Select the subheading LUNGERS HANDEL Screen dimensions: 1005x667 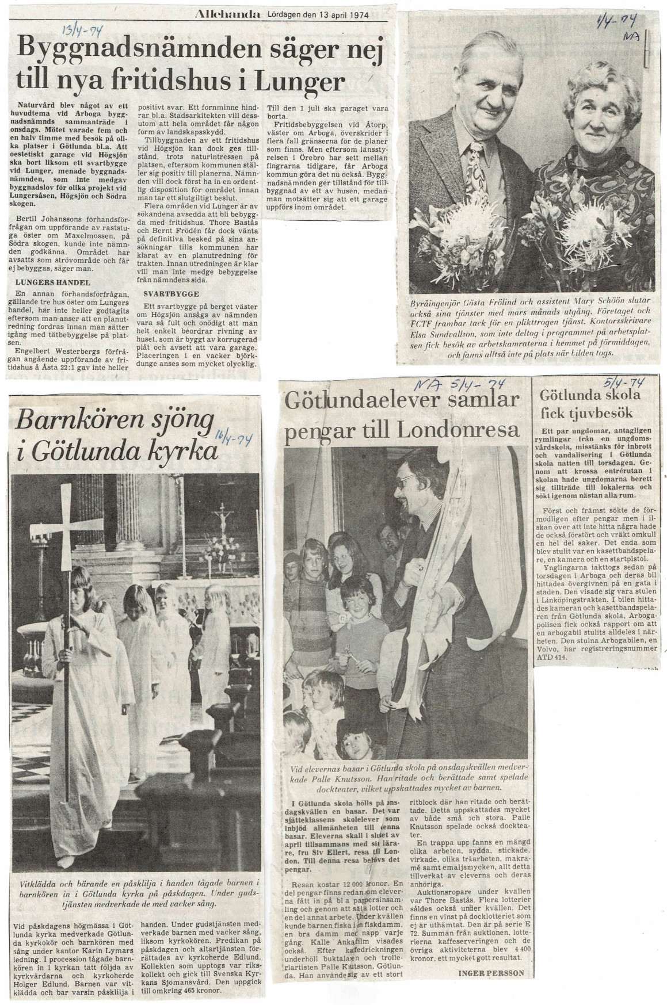point(53,282)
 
